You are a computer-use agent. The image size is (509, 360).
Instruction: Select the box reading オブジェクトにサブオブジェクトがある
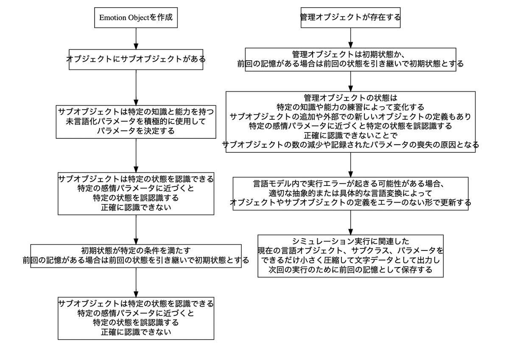(136, 59)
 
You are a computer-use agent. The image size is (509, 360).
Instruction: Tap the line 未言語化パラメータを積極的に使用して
(136, 121)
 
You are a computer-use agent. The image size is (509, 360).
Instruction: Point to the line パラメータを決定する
(136, 131)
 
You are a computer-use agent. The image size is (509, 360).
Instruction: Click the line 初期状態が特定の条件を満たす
(136, 250)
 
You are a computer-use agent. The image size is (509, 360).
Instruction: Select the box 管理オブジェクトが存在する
(350, 17)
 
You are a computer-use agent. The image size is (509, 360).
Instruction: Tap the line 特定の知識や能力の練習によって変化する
(350, 107)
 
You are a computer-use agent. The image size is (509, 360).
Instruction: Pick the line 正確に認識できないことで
(350, 135)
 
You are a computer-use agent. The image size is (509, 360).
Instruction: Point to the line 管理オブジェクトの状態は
(350, 98)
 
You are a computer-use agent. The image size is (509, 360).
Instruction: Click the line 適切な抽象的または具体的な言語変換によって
(350, 193)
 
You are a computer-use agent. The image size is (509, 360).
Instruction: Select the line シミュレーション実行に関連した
(350, 241)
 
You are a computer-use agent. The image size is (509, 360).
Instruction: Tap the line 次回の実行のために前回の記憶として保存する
(350, 270)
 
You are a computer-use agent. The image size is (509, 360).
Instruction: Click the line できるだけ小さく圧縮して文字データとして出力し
(350, 260)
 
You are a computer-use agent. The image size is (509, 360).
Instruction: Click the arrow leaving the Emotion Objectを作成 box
(136, 39)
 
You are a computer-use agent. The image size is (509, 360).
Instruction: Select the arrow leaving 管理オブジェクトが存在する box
(350, 38)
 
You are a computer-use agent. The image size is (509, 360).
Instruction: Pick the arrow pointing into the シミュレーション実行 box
(350, 222)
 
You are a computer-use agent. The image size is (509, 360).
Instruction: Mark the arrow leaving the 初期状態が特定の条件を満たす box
(136, 282)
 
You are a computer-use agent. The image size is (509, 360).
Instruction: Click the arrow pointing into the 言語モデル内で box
(350, 165)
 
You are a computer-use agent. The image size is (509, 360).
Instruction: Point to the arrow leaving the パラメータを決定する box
(136, 155)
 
